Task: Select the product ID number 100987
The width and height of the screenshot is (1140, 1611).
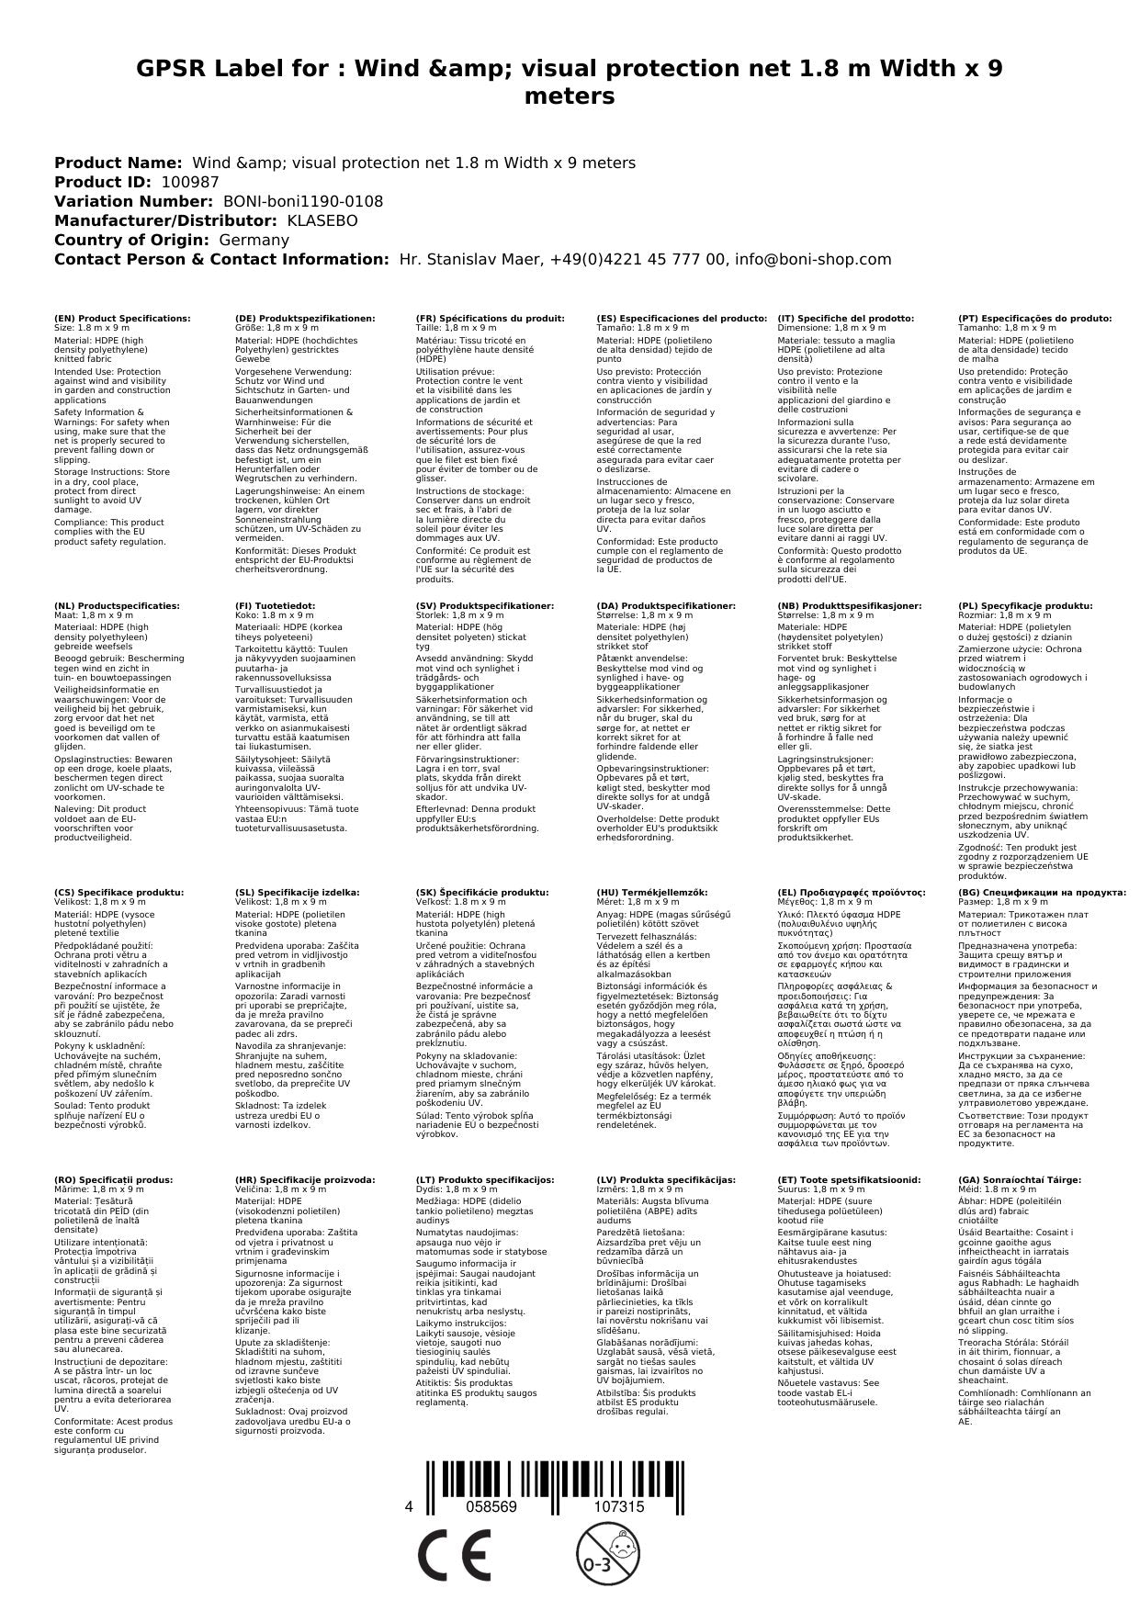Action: pyautogui.click(x=190, y=182)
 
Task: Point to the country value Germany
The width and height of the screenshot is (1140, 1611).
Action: pyautogui.click(x=254, y=240)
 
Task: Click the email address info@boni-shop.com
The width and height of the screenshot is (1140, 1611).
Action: pyautogui.click(x=811, y=259)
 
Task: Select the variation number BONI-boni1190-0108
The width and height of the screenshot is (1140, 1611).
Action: pyautogui.click(x=303, y=201)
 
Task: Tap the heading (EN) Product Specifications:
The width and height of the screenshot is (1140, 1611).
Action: pyautogui.click(x=122, y=319)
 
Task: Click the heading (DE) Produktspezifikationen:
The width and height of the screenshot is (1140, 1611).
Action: pyautogui.click(x=305, y=319)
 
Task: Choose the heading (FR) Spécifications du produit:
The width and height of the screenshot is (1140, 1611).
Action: pyautogui.click(x=490, y=319)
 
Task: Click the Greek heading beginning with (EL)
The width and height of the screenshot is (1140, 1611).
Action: pyautogui.click(x=852, y=892)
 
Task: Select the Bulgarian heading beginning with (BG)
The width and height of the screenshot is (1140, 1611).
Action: pyautogui.click(x=1042, y=892)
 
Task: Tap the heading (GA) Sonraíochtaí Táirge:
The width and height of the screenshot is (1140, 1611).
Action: pyautogui.click(x=1020, y=1179)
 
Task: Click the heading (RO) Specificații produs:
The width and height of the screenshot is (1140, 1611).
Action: pyautogui.click(x=113, y=1179)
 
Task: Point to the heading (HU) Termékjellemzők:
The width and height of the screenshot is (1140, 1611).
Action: pyautogui.click(x=652, y=892)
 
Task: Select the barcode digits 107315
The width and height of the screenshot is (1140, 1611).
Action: pyautogui.click(x=619, y=1506)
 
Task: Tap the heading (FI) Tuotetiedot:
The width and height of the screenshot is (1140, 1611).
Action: pyautogui.click(x=275, y=606)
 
